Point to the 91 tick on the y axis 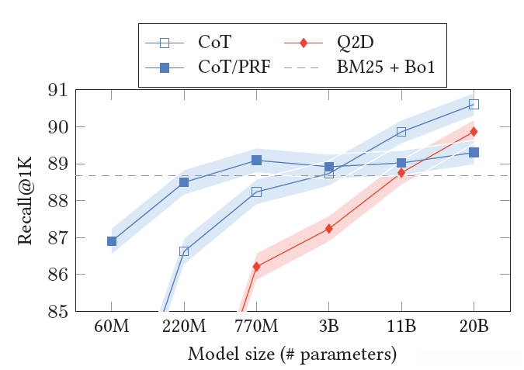pos(58,90)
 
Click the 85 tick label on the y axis pos(58,312)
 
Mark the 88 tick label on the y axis pos(58,201)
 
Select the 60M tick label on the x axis pos(112,327)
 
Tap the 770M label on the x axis pos(256,327)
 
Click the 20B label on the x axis pos(474,327)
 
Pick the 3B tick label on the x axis pos(329,327)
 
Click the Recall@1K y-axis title pos(26,200)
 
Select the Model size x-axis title pos(292,354)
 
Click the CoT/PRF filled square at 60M pos(112,241)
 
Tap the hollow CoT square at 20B pos(474,104)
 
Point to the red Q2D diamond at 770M pos(256,267)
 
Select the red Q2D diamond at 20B pos(474,132)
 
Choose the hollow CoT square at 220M pos(184,251)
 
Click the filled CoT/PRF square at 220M pos(184,182)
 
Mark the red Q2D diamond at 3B pos(329,229)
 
